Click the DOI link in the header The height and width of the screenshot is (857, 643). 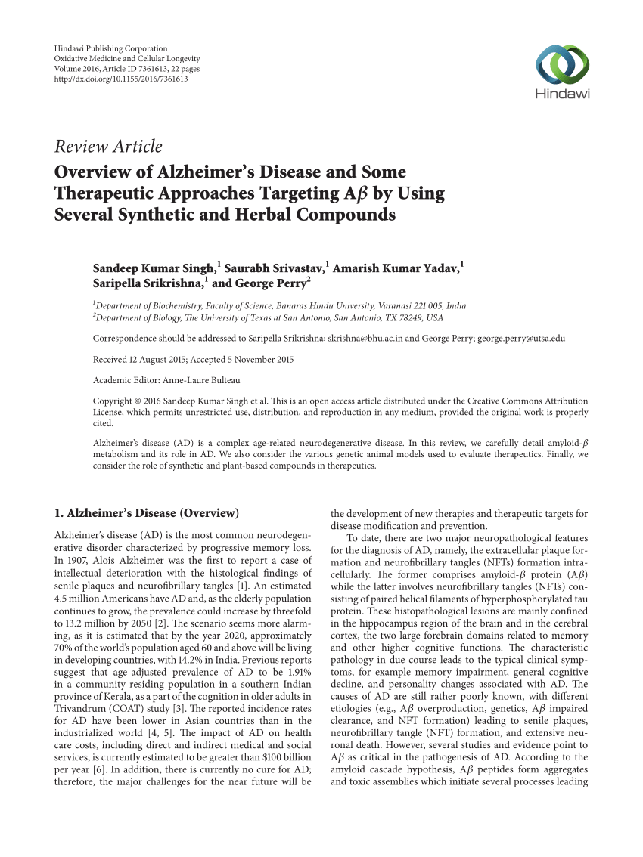(x=121, y=79)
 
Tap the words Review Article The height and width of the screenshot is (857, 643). (x=108, y=146)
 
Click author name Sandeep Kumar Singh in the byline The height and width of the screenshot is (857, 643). (x=154, y=268)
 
